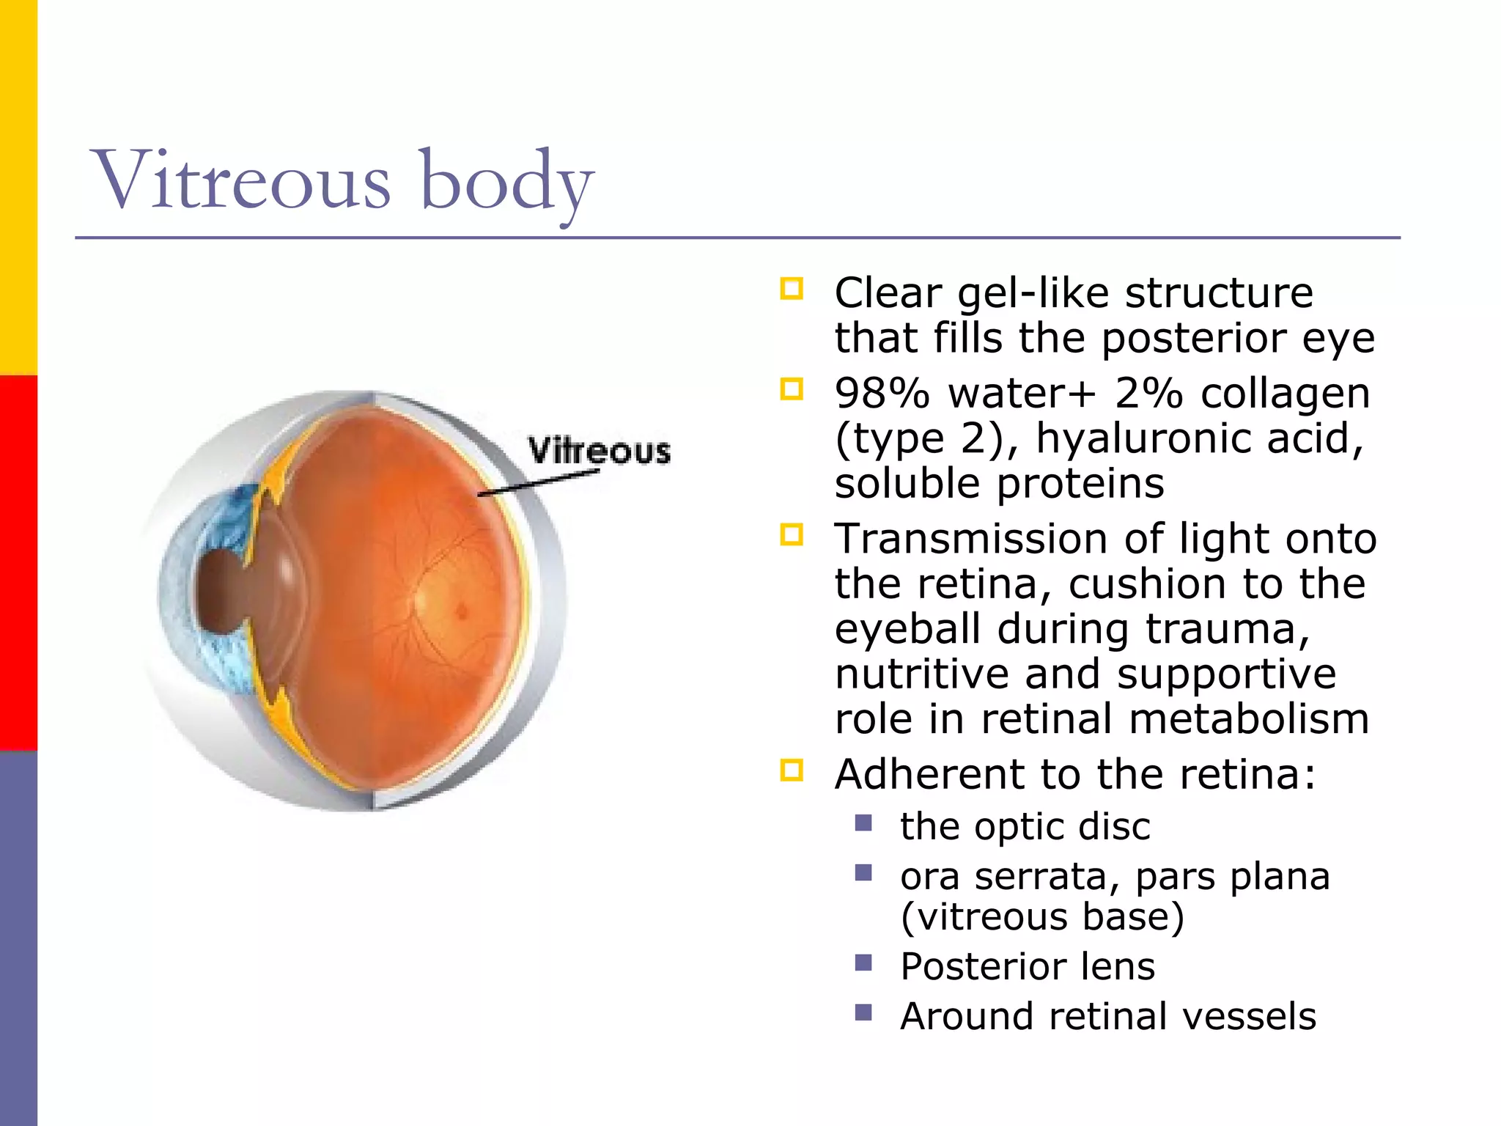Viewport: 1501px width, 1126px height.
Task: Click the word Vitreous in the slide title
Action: tap(242, 180)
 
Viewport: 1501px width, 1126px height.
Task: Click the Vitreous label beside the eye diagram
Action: tap(600, 450)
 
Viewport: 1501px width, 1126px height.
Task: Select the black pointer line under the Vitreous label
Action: tap(539, 483)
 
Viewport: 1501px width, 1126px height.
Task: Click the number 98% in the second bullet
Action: tap(882, 394)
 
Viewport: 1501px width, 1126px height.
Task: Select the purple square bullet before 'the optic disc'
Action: tap(863, 823)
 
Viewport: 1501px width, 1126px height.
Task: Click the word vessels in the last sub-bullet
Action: tap(1249, 1016)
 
